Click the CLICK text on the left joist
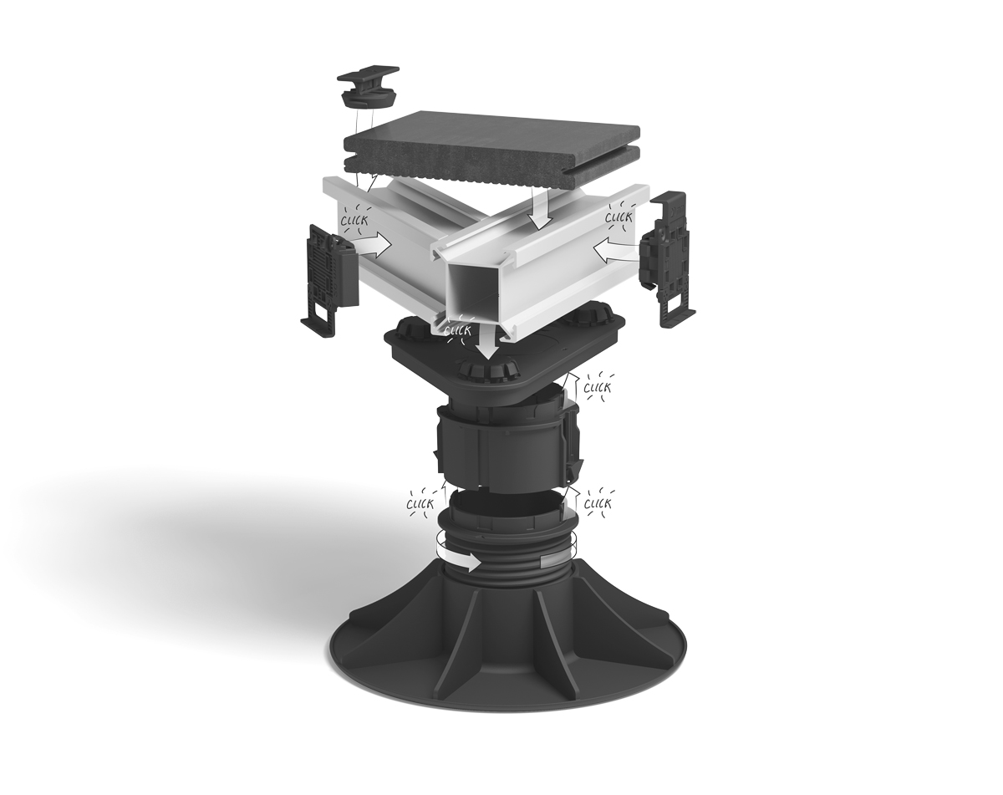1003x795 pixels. [x=354, y=220]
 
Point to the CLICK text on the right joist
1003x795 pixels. [x=619, y=217]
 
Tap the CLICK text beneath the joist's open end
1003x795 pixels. [x=458, y=330]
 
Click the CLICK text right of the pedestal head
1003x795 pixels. [x=598, y=388]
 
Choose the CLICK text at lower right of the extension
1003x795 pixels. [x=598, y=503]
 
